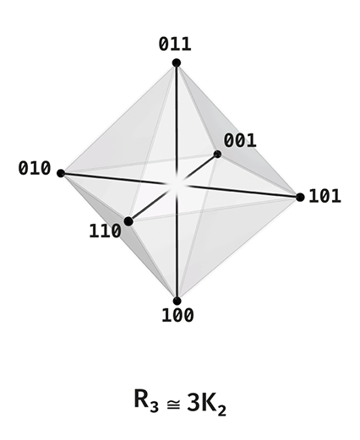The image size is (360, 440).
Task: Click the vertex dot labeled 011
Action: pyautogui.click(x=177, y=62)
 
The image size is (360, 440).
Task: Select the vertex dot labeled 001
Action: pyautogui.click(x=217, y=155)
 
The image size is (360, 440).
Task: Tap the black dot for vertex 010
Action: pyautogui.click(x=61, y=173)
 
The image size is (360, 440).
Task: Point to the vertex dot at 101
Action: pyautogui.click(x=300, y=198)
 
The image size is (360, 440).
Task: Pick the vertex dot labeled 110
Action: pyautogui.click(x=128, y=221)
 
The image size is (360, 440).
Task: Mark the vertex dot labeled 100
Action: pyautogui.click(x=177, y=301)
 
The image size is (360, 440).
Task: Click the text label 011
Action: pyautogui.click(x=175, y=44)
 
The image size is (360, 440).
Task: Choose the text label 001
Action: pyautogui.click(x=240, y=140)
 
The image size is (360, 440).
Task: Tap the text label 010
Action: pyautogui.click(x=35, y=168)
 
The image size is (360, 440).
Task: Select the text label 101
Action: pyautogui.click(x=325, y=196)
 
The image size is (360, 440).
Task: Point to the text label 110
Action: pyautogui.click(x=105, y=231)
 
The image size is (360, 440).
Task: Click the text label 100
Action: pyautogui.click(x=177, y=315)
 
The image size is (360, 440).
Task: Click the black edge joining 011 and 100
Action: pyautogui.click(x=177, y=182)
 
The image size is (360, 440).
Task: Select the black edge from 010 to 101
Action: pyautogui.click(x=181, y=185)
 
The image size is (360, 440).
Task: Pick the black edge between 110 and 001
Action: pyautogui.click(x=173, y=187)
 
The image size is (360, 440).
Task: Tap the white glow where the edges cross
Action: pyautogui.click(x=177, y=185)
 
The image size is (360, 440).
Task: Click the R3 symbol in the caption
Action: pyautogui.click(x=146, y=400)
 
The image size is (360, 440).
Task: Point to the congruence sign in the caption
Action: pyautogui.click(x=173, y=405)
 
